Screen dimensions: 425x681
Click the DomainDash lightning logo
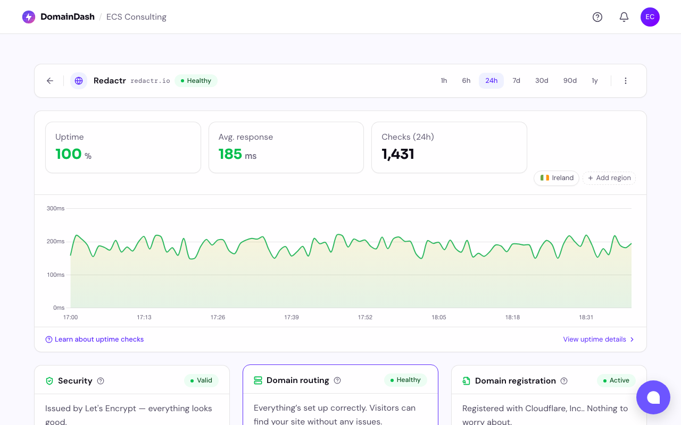(x=29, y=17)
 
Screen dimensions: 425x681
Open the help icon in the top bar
(x=597, y=17)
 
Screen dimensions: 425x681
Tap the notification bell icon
(x=624, y=17)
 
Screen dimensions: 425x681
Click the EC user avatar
(x=650, y=17)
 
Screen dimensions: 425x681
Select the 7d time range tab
(x=516, y=81)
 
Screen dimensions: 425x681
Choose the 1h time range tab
(x=444, y=81)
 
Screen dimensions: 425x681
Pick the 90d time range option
(x=570, y=81)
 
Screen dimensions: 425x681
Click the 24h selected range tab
(x=491, y=81)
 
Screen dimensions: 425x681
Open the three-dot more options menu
(x=626, y=81)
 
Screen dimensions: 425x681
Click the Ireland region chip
(x=557, y=178)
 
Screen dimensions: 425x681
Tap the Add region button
(x=609, y=178)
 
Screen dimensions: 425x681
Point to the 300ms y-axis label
(x=56, y=208)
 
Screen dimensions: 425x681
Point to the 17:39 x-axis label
(x=292, y=317)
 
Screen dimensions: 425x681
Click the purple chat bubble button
(x=653, y=397)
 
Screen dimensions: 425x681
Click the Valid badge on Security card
(x=201, y=380)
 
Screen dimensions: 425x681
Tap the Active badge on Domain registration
(x=616, y=380)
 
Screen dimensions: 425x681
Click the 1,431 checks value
(x=398, y=154)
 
